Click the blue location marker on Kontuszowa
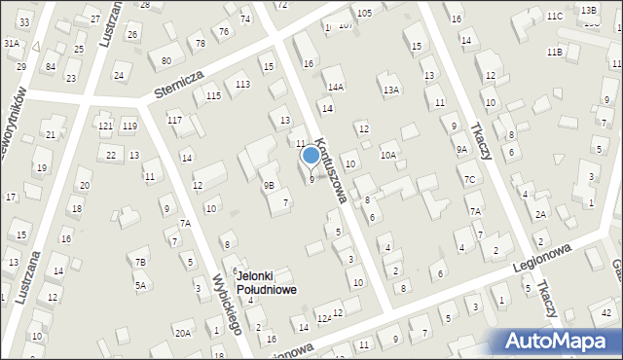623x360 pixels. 311,155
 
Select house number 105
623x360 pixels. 364,12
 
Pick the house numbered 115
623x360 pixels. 213,95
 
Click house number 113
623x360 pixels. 242,85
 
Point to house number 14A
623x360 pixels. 335,87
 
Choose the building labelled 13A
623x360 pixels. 390,90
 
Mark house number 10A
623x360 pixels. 388,155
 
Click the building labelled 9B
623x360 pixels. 269,184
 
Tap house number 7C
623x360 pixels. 469,179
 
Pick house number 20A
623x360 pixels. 182,333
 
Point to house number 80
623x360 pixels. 166,60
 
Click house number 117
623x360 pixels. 174,120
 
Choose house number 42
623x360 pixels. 605,312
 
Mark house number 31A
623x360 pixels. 11,44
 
